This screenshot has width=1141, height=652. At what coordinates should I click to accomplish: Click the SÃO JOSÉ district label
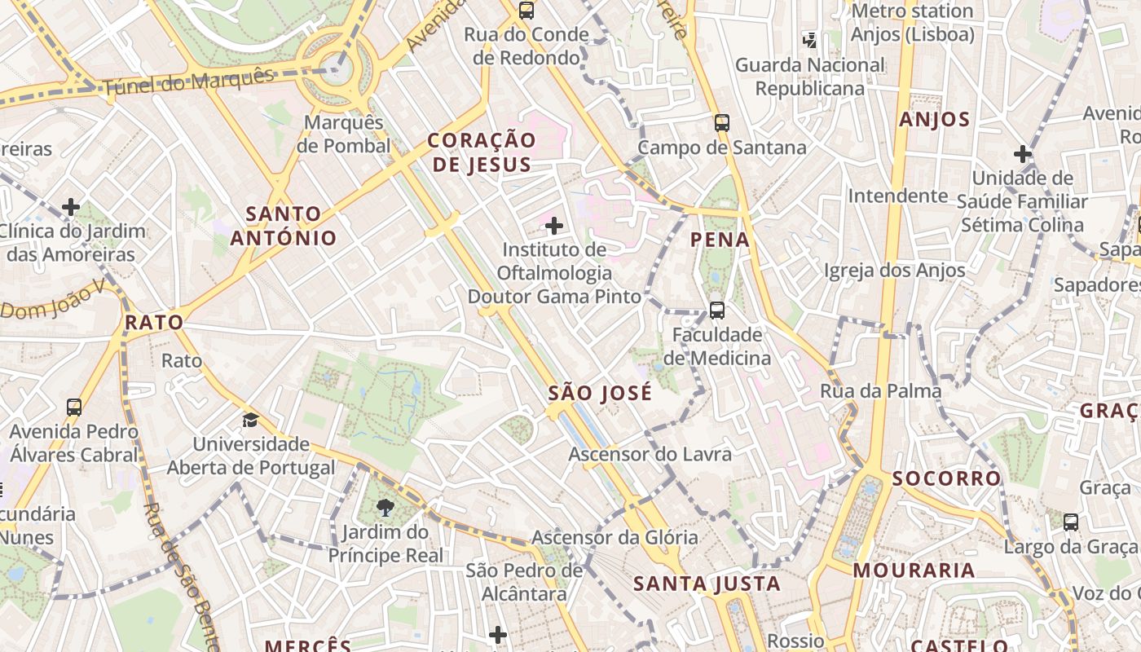click(600, 394)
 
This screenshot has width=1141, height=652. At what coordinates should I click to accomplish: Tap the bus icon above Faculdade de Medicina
click(717, 311)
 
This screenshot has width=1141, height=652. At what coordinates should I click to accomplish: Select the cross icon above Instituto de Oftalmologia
click(554, 226)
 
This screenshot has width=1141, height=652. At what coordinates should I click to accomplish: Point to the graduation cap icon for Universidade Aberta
click(250, 421)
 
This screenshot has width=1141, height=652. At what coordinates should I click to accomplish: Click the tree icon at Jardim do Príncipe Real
click(385, 509)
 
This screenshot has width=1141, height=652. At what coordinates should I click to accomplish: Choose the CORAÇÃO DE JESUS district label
click(482, 152)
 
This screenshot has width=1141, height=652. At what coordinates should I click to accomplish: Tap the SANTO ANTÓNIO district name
click(283, 226)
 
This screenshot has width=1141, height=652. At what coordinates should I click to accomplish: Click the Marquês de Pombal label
click(343, 134)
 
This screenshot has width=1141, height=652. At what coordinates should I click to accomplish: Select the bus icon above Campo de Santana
click(722, 123)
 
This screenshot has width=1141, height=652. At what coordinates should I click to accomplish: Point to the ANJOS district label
click(935, 120)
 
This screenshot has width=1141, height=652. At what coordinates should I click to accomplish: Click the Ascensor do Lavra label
click(650, 454)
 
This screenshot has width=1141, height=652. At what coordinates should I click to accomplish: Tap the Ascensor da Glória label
click(615, 537)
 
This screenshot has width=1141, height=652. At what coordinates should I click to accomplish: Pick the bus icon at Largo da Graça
click(1071, 522)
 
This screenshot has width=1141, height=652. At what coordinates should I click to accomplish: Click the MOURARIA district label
click(914, 570)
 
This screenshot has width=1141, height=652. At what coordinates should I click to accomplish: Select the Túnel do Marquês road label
click(188, 82)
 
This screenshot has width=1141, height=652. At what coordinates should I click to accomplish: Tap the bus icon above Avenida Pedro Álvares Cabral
click(74, 407)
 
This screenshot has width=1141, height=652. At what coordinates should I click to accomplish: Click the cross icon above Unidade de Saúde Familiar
click(1022, 154)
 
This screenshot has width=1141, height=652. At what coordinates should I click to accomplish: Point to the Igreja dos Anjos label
click(894, 271)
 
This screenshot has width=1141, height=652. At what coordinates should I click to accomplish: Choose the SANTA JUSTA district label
click(707, 584)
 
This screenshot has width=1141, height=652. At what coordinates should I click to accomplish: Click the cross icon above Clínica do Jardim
click(71, 207)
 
